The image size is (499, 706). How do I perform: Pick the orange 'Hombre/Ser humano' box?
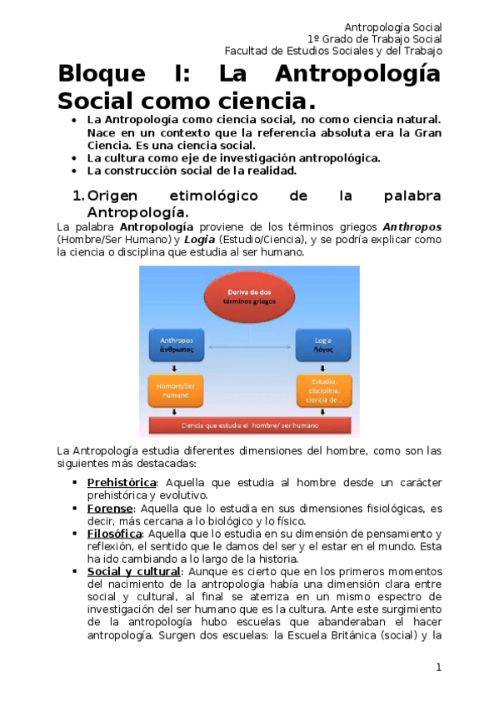[177, 389]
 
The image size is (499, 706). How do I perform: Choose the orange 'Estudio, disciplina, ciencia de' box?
[322, 389]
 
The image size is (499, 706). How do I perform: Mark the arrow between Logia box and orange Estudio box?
[322, 367]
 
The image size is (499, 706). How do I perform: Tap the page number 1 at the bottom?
[438, 667]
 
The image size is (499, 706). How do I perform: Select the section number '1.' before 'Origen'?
[77, 196]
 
